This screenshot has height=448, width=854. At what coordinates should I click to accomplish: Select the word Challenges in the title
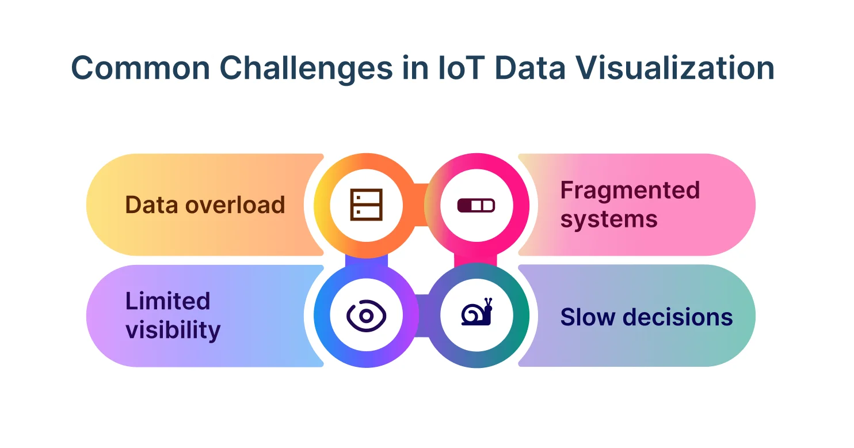(x=306, y=69)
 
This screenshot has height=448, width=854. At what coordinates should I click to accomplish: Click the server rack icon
(x=367, y=205)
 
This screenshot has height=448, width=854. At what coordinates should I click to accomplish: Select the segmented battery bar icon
(x=476, y=206)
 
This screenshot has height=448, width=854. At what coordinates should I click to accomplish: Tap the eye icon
(x=367, y=316)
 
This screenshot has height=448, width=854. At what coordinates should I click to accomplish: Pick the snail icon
(x=477, y=312)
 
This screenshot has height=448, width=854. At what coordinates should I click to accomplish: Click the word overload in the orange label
(x=235, y=205)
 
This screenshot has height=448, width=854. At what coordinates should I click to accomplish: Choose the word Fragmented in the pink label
(x=630, y=191)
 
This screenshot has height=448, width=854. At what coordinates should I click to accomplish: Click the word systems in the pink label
(x=609, y=219)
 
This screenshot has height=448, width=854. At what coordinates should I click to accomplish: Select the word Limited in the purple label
(x=168, y=301)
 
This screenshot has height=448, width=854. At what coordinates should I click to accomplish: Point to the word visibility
(x=173, y=330)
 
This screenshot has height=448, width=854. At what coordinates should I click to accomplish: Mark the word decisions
(x=678, y=317)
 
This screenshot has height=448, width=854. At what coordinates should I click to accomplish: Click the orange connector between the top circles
(x=421, y=205)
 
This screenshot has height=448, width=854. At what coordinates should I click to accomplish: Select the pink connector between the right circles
(x=476, y=260)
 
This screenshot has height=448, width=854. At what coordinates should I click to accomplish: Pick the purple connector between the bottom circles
(x=422, y=316)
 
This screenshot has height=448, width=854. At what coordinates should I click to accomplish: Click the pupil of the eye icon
(x=367, y=316)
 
